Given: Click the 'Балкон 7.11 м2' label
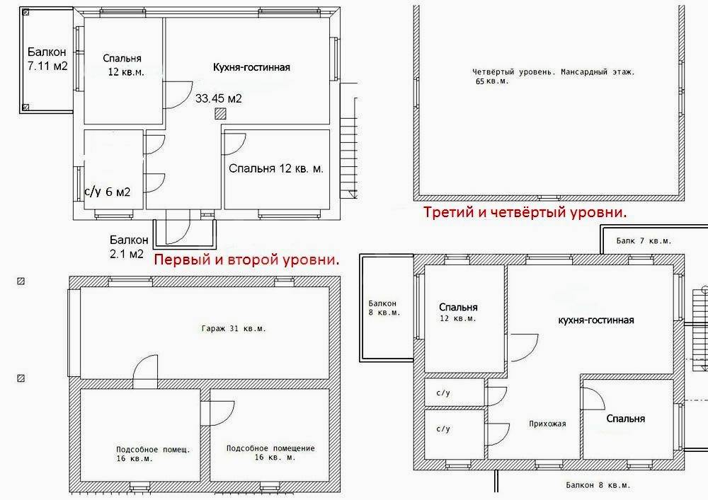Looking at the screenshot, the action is click(47, 59).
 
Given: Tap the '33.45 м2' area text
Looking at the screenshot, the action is click(219, 98).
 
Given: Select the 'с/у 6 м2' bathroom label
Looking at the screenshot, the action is click(108, 192).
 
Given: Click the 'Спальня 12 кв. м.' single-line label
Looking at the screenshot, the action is click(276, 168).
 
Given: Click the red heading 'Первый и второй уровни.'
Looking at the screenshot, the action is click(246, 260).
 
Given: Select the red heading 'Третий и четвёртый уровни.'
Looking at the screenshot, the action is click(525, 212).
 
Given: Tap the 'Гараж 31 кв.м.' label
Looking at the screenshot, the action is click(234, 329).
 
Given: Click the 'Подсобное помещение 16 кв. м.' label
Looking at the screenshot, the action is click(270, 453).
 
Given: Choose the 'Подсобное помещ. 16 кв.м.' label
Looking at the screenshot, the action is click(153, 454).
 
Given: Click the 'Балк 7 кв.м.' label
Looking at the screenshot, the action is click(644, 240).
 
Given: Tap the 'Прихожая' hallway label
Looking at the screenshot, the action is click(547, 424).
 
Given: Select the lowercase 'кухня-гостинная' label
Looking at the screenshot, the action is click(596, 320).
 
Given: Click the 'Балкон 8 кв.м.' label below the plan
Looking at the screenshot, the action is click(598, 485).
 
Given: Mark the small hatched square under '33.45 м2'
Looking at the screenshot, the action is click(220, 114).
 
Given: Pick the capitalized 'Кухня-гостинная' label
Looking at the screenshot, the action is click(251, 67).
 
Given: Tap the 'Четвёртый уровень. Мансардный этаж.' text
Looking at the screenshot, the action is click(554, 71).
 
